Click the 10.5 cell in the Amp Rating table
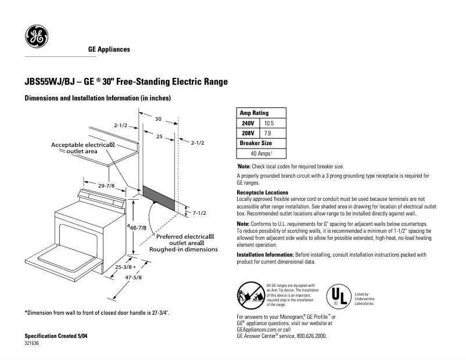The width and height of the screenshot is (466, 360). pos(268,123)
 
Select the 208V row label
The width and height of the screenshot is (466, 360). pos(248,133)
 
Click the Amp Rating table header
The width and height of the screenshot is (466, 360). pos(254,113)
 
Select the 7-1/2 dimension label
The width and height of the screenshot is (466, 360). pos(200,214)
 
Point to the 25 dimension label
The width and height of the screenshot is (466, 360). pos(158,137)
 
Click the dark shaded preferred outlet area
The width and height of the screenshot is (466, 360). pos(159,197)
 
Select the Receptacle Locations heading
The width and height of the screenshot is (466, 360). pos(262,192)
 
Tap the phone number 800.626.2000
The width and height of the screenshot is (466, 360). pos(307,336)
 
